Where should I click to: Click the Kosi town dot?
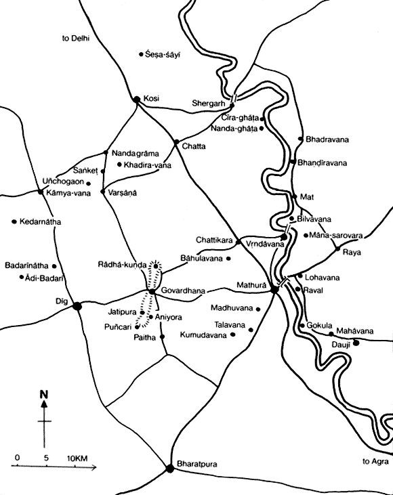tap(136, 99)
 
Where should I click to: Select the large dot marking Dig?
tap(78, 305)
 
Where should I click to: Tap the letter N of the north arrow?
tap(44, 394)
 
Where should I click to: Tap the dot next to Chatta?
tap(175, 143)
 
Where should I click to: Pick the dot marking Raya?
tap(337, 249)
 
